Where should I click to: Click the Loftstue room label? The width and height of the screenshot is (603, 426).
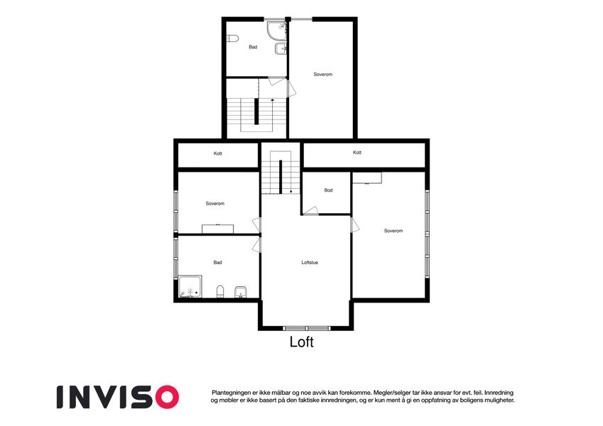tap(310, 263)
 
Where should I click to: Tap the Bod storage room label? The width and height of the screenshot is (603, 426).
tap(328, 190)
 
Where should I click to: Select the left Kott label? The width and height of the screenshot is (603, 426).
tap(217, 153)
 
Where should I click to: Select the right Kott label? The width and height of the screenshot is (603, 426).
tap(357, 152)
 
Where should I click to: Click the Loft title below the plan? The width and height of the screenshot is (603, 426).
tap(301, 342)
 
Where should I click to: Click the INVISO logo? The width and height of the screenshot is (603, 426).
tap(118, 397)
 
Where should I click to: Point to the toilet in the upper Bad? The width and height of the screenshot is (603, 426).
tap(232, 38)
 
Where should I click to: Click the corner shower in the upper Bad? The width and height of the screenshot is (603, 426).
tap(277, 31)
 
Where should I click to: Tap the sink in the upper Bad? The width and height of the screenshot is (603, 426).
tap(281, 49)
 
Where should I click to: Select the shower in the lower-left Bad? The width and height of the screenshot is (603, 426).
tap(190, 287)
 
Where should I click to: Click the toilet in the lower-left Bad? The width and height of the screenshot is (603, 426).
tap(220, 292)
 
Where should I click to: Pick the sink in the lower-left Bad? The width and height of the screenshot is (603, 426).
tap(241, 293)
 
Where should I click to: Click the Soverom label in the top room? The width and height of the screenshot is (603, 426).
tap(322, 75)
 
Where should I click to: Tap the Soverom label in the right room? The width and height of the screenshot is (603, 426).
tap(393, 231)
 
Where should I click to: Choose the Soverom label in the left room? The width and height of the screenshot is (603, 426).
tap(215, 203)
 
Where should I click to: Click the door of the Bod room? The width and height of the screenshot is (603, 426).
tap(310, 211)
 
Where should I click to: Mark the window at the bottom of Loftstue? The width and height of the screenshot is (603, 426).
tap(307, 328)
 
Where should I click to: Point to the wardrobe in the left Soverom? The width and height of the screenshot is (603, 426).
tap(217, 229)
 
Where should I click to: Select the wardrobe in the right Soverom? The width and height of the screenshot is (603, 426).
tap(367, 178)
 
